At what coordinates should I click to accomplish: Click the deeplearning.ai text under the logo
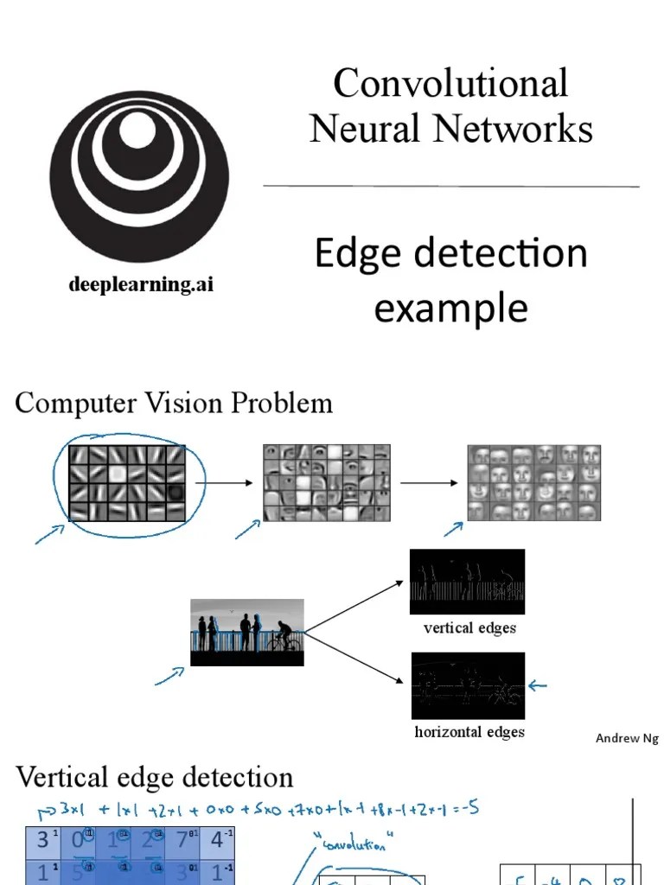[x=141, y=284]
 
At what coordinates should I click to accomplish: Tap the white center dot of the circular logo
[x=136, y=130]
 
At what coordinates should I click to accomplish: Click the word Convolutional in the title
[x=450, y=84]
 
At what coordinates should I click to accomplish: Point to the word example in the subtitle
[x=450, y=309]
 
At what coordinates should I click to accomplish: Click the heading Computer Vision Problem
[x=174, y=403]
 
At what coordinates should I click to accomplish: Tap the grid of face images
[x=533, y=482]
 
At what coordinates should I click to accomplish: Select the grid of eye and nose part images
[x=326, y=482]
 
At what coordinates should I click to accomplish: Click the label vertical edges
[x=469, y=628]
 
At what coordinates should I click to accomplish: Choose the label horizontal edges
[x=469, y=732]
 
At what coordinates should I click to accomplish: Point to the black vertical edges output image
[x=467, y=582]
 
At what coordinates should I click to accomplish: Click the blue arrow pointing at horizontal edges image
[x=538, y=686]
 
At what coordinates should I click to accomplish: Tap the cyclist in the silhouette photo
[x=284, y=639]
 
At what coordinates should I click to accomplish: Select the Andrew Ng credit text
[x=627, y=738]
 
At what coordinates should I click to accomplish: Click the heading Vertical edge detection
[x=155, y=777]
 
